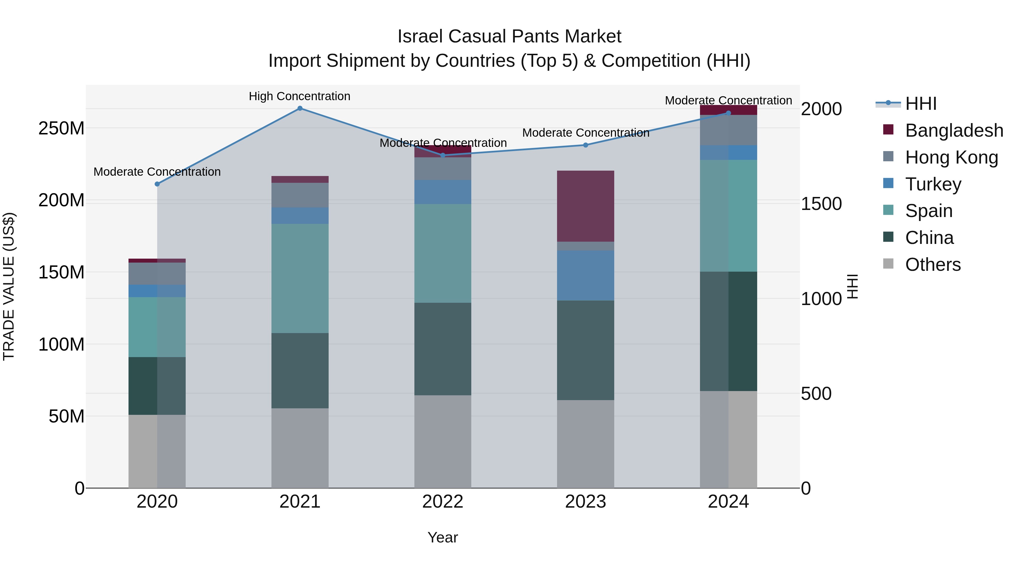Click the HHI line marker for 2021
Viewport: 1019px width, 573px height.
pyautogui.click(x=300, y=108)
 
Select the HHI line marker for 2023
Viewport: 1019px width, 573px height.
pyautogui.click(x=586, y=145)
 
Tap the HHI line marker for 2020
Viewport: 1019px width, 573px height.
pyautogui.click(x=157, y=184)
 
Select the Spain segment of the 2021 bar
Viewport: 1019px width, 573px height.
pyautogui.click(x=300, y=278)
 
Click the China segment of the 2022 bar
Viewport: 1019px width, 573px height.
pyautogui.click(x=443, y=349)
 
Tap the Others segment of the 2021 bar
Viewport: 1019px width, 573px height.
pyautogui.click(x=300, y=448)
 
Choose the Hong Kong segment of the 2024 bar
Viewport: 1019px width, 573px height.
pyautogui.click(x=728, y=130)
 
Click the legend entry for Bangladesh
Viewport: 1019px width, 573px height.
pyautogui.click(x=954, y=130)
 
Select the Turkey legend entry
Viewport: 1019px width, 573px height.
pyautogui.click(x=933, y=184)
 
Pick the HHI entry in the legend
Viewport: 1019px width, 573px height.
pyautogui.click(x=920, y=104)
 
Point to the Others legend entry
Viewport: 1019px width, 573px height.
pyautogui.click(x=932, y=265)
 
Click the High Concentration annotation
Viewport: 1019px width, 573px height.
pyautogui.click(x=299, y=96)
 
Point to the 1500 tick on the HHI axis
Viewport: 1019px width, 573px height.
pyautogui.click(x=821, y=204)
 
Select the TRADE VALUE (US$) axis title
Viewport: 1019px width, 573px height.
pyautogui.click(x=9, y=286)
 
